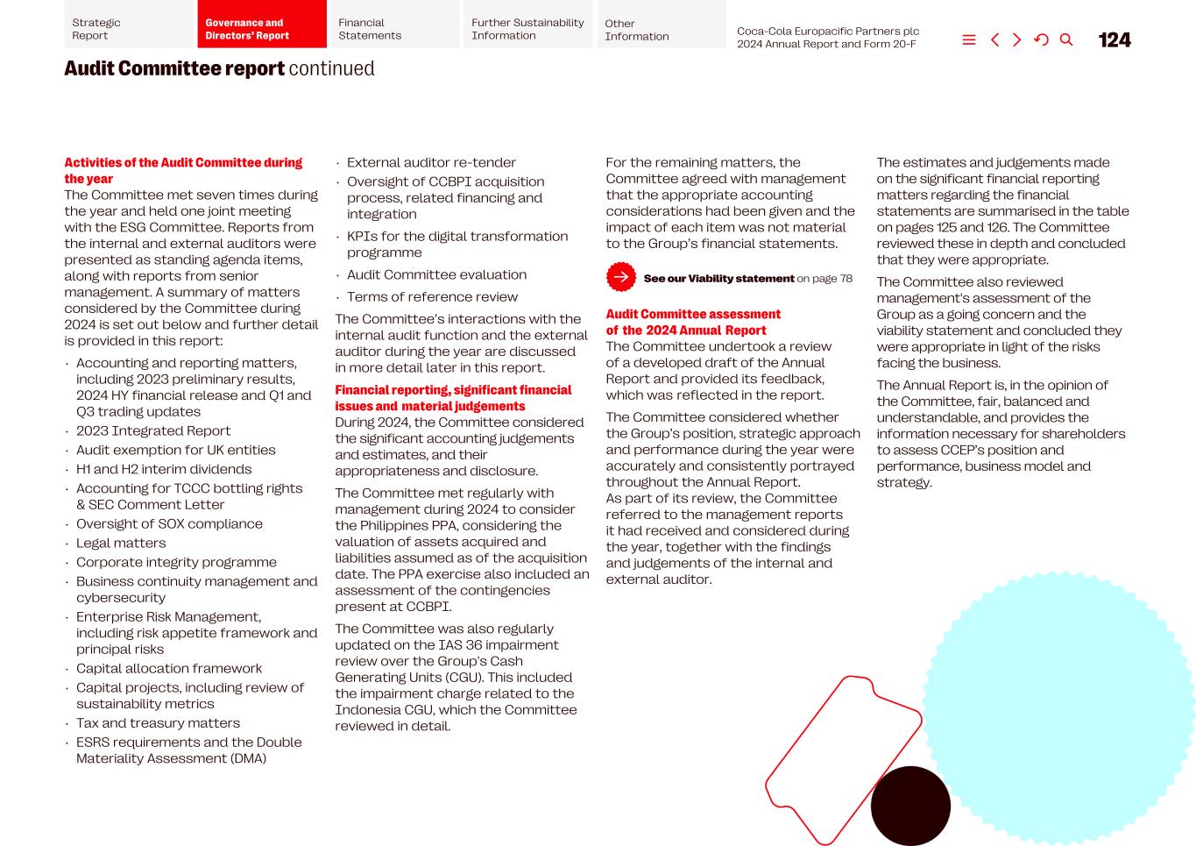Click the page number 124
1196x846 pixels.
pyautogui.click(x=1114, y=40)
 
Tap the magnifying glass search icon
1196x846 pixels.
pyautogui.click(x=1066, y=39)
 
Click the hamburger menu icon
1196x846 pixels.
pyautogui.click(x=969, y=39)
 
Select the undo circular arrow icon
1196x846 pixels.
pyautogui.click(x=1041, y=39)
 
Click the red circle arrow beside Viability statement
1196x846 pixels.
pyautogui.click(x=621, y=277)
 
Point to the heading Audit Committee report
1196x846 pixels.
pyautogui.click(x=174, y=68)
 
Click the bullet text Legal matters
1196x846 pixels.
pyautogui.click(x=121, y=543)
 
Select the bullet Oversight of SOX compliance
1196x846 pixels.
pyautogui.click(x=169, y=523)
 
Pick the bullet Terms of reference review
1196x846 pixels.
pyautogui.click(x=432, y=296)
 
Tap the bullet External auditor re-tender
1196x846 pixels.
pyautogui.click(x=431, y=162)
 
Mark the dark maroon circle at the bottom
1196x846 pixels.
pyautogui.click(x=910, y=806)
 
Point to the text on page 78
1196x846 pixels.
pyautogui.click(x=824, y=278)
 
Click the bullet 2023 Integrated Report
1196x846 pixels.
pyautogui.click(x=153, y=430)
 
